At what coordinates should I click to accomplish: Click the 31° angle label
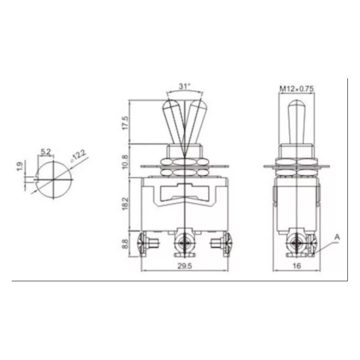click(x=185, y=86)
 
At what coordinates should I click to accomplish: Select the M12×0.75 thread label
click(x=297, y=89)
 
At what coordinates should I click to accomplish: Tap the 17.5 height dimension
click(x=126, y=123)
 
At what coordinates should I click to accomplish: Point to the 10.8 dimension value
click(x=126, y=162)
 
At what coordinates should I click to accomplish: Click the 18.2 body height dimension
click(x=126, y=203)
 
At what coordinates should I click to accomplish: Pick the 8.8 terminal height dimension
click(x=126, y=244)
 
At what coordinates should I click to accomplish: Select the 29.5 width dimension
click(x=184, y=266)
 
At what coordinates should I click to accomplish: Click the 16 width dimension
click(x=297, y=266)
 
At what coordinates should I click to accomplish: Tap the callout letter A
click(x=337, y=237)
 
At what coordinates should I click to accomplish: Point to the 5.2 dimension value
click(x=46, y=152)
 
